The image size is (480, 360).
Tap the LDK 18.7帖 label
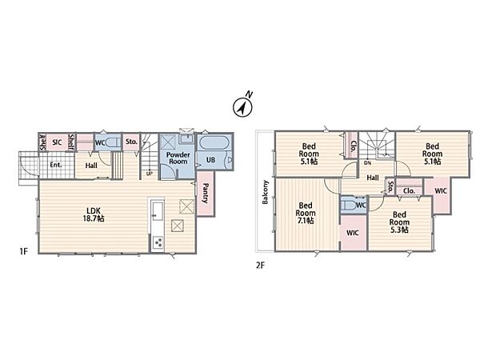(x=94, y=214)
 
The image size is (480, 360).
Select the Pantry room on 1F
(x=206, y=194)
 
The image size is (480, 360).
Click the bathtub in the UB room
(x=215, y=142)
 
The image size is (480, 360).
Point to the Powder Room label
(x=178, y=158)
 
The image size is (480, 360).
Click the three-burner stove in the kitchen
(x=158, y=243)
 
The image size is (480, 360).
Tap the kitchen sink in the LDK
(x=158, y=210)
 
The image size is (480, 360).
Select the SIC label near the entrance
(x=57, y=142)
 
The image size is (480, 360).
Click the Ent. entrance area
(x=57, y=165)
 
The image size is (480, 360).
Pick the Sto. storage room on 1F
(x=131, y=142)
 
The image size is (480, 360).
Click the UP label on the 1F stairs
(x=150, y=174)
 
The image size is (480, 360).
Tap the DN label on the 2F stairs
(x=368, y=163)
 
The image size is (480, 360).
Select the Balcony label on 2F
(x=265, y=192)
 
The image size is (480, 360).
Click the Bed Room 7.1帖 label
(x=306, y=213)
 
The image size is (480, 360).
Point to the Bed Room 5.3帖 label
(x=399, y=222)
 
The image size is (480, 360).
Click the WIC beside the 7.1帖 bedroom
(x=354, y=233)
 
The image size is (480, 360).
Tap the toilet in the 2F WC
(x=350, y=205)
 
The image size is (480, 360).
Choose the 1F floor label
(x=23, y=252)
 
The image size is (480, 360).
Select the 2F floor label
(x=260, y=265)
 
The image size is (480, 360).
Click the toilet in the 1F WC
(x=112, y=142)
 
